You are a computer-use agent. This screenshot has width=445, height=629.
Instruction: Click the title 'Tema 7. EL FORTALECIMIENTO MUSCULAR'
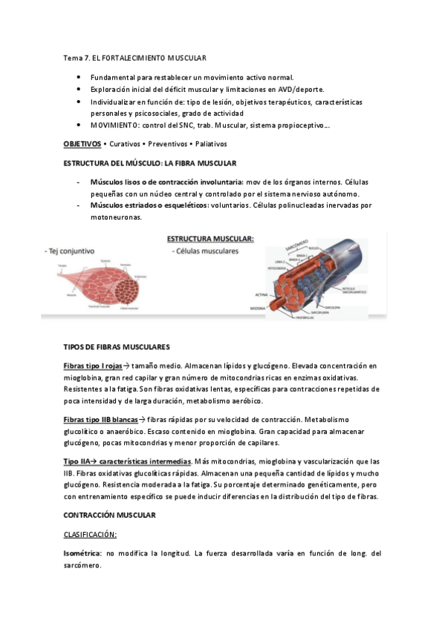(x=134, y=57)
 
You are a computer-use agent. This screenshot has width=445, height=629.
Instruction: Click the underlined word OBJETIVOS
(x=82, y=144)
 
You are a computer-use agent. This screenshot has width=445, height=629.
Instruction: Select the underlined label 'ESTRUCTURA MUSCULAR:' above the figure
(x=209, y=240)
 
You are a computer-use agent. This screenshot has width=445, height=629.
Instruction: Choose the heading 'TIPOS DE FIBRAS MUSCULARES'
(x=117, y=346)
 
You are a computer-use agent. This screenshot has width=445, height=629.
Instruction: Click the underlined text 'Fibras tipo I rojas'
(x=93, y=366)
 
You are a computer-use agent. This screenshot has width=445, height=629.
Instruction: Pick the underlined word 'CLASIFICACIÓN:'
(x=90, y=533)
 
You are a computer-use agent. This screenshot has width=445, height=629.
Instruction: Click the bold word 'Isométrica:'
(x=82, y=553)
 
